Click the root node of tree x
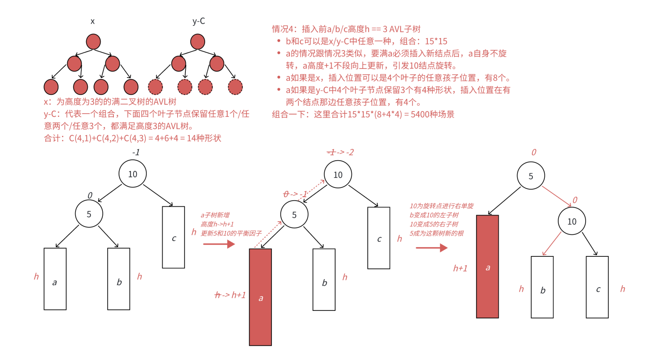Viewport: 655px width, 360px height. pyautogui.click(x=93, y=42)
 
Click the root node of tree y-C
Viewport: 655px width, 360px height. pyautogui.click(x=198, y=42)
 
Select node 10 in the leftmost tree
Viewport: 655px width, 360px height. pyautogui.click(x=132, y=174)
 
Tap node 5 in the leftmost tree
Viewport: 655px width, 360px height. pyautogui.click(x=89, y=214)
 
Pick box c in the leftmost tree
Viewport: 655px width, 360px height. pyautogui.click(x=174, y=237)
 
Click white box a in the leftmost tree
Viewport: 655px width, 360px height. pyautogui.click(x=55, y=279)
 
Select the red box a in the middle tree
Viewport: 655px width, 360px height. pyautogui.click(x=261, y=297)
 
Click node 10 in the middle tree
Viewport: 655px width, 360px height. pyautogui.click(x=337, y=174)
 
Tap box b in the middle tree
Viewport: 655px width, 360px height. pyautogui.click(x=324, y=280)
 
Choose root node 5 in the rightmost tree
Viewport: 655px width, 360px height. pyautogui.click(x=531, y=176)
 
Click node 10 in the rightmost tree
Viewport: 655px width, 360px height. pyautogui.click(x=572, y=221)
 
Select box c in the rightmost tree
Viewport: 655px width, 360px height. pyautogui.click(x=597, y=287)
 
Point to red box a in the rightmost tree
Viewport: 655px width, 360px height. pyautogui.click(x=488, y=266)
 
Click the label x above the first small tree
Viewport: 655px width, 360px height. pyautogui.click(x=92, y=21)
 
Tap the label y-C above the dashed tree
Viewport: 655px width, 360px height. pyautogui.click(x=199, y=21)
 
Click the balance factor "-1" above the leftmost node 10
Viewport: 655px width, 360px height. pyautogui.click(x=136, y=152)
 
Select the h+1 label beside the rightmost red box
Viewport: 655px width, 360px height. pyautogui.click(x=460, y=268)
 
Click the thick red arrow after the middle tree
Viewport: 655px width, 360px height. pyautogui.click(x=431, y=248)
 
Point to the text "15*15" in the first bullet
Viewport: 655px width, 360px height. pyautogui.click(x=436, y=41)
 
